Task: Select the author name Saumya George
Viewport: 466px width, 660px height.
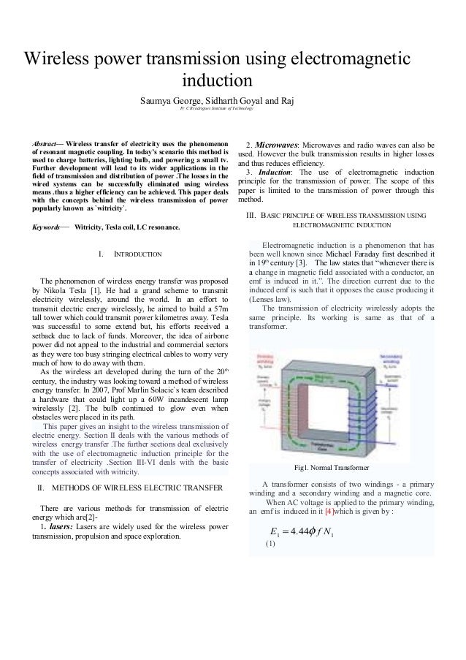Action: (x=172, y=99)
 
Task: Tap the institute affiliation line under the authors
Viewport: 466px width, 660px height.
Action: (x=216, y=109)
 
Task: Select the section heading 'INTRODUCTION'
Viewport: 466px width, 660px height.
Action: (x=142, y=255)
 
